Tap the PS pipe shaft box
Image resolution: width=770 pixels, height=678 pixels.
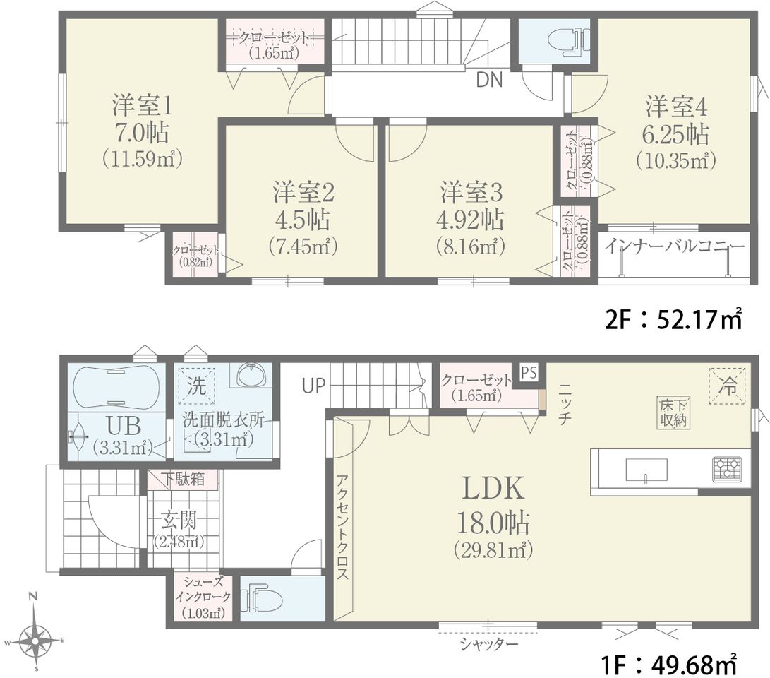click(x=529, y=373)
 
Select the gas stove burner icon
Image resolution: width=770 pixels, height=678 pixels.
click(x=727, y=469)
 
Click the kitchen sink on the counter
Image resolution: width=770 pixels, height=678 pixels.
click(x=646, y=470)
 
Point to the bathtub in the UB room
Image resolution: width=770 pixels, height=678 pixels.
click(x=116, y=386)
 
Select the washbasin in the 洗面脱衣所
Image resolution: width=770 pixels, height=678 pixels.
click(x=252, y=376)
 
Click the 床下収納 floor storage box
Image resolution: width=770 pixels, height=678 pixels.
click(x=673, y=412)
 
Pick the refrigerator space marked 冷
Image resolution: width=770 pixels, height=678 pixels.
click(x=727, y=386)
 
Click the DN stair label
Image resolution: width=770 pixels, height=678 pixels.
click(x=490, y=80)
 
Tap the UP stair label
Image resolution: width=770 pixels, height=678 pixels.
click(x=313, y=386)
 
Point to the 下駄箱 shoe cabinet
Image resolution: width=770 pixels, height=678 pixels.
click(x=184, y=479)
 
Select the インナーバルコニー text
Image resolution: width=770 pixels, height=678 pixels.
click(x=674, y=246)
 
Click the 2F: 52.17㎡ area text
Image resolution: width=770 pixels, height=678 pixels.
click(x=673, y=320)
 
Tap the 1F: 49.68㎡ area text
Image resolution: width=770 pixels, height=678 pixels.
click(x=669, y=666)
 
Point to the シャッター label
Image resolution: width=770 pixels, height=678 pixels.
click(x=489, y=644)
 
